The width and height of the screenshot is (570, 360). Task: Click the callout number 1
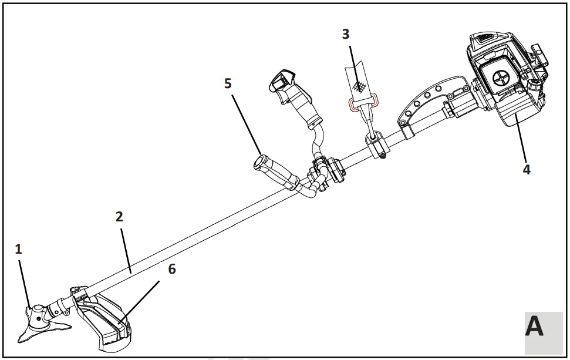point(18,249)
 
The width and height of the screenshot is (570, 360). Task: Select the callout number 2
point(119,216)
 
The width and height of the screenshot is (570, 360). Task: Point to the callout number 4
point(527,169)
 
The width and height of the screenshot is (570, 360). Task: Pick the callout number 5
point(228,83)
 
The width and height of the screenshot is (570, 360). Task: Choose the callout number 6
point(171,269)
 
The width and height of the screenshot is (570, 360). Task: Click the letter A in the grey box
point(534,327)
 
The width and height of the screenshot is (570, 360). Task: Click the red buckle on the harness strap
point(359,105)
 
